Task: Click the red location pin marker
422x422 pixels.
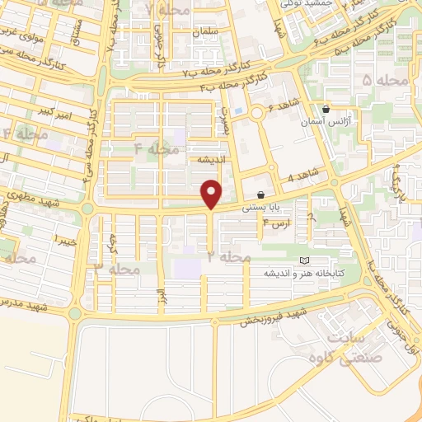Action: click(212, 195)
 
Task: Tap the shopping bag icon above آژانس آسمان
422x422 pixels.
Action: click(326, 109)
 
